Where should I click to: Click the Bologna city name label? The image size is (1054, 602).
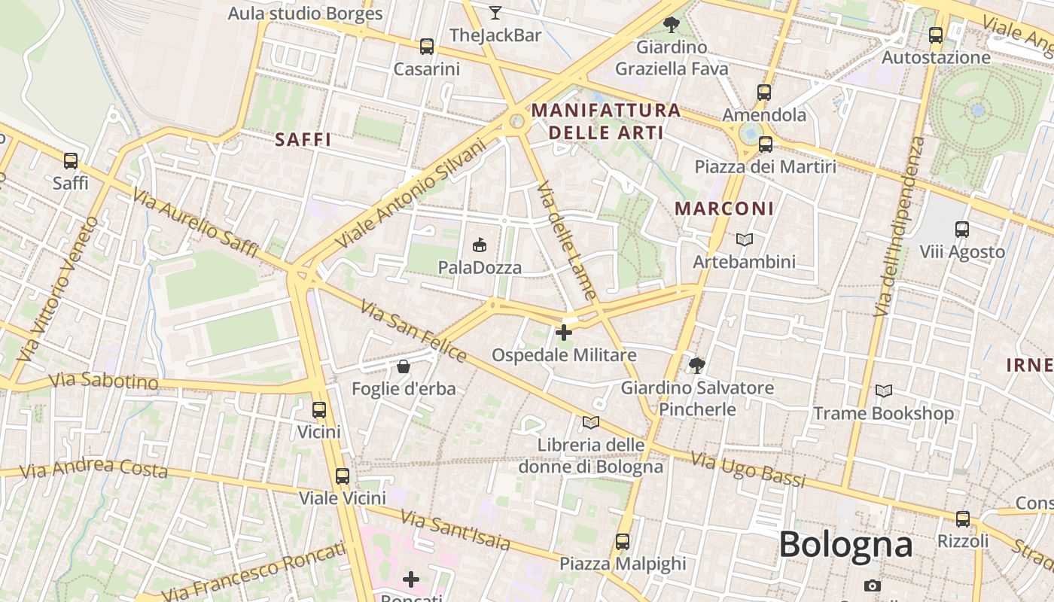[x=845, y=544]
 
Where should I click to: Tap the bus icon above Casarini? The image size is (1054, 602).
[x=427, y=47]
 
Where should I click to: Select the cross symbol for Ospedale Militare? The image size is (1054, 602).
[x=563, y=332]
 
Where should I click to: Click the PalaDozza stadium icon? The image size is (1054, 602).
[x=480, y=245]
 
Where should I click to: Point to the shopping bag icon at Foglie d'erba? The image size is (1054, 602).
[x=404, y=366]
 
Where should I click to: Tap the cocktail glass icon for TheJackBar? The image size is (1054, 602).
[x=495, y=13]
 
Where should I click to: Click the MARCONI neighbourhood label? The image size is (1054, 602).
[x=723, y=208]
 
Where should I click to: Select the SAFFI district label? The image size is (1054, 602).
[x=303, y=139]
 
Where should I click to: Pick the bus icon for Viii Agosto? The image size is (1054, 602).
[x=961, y=230]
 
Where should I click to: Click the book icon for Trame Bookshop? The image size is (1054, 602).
[x=883, y=391]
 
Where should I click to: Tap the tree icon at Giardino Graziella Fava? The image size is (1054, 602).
[x=671, y=25]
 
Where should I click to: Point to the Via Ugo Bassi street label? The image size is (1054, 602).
[x=748, y=470]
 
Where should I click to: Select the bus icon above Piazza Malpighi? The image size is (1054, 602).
[x=622, y=541]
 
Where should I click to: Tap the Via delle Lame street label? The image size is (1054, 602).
[x=568, y=242]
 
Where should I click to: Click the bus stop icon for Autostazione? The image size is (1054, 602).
[x=936, y=35]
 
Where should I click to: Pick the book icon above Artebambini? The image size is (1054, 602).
[x=744, y=239]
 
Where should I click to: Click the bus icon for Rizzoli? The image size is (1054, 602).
[x=962, y=518]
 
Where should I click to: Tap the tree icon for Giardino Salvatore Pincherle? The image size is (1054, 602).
[x=697, y=366]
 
